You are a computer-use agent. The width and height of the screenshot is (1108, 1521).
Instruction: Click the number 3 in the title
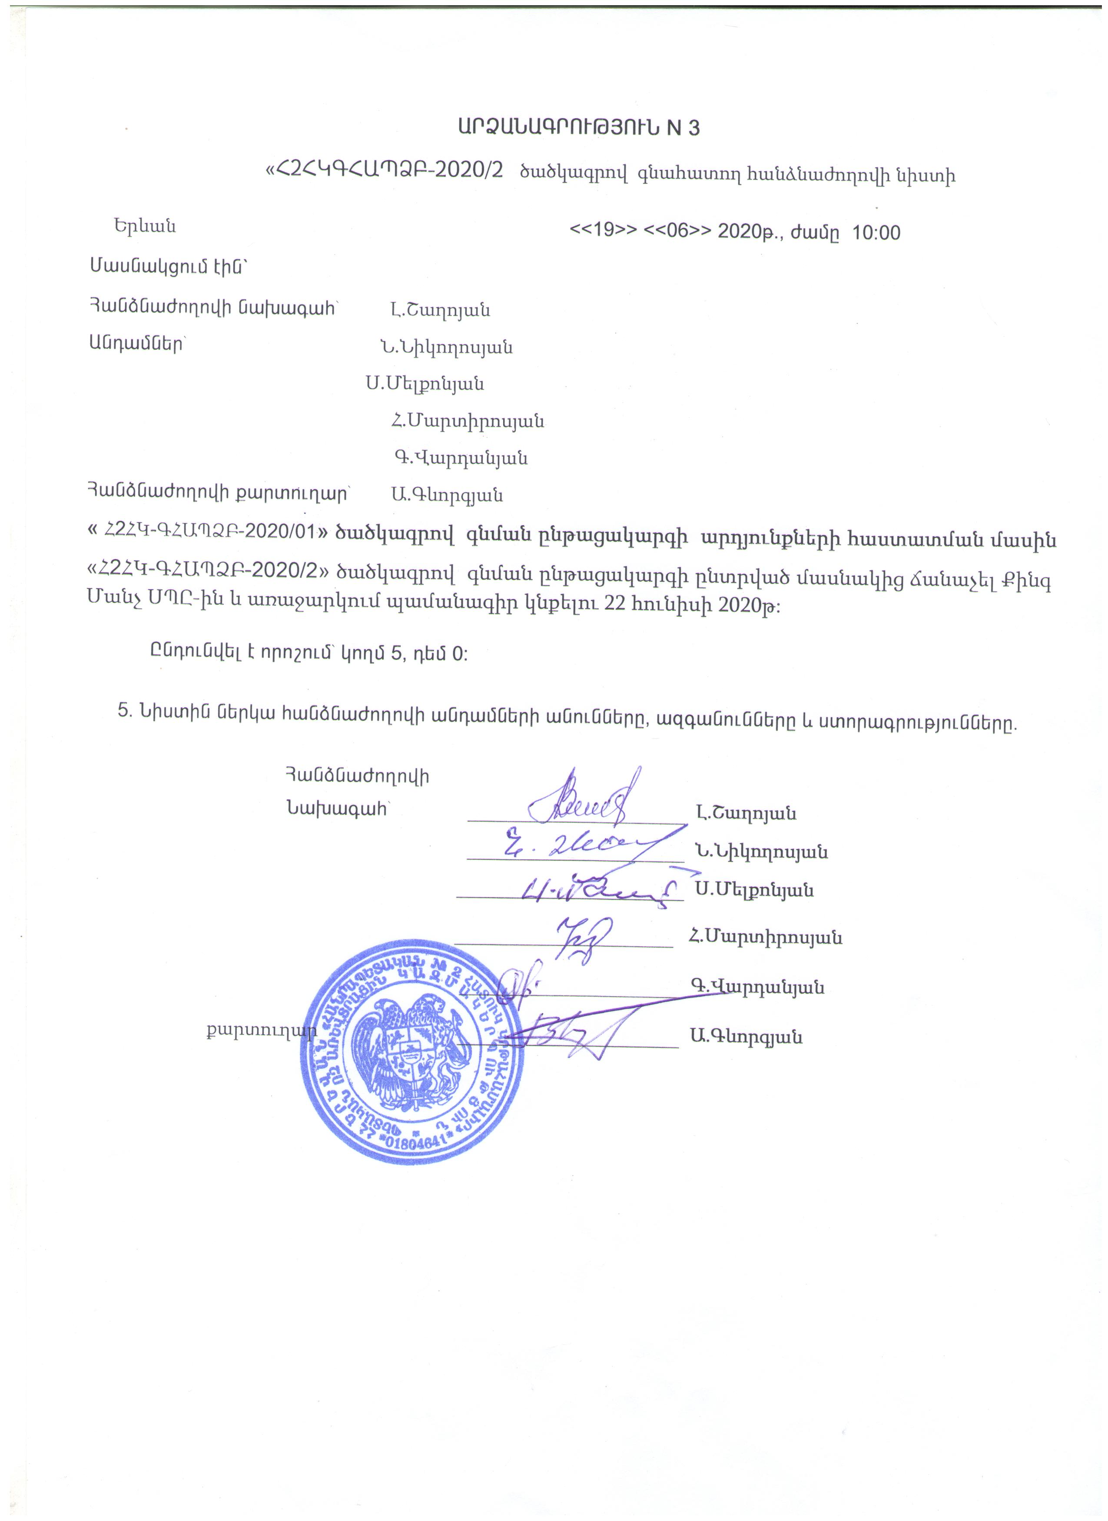click(693, 127)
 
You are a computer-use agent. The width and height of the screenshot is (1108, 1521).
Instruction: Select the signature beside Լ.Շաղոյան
click(590, 802)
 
